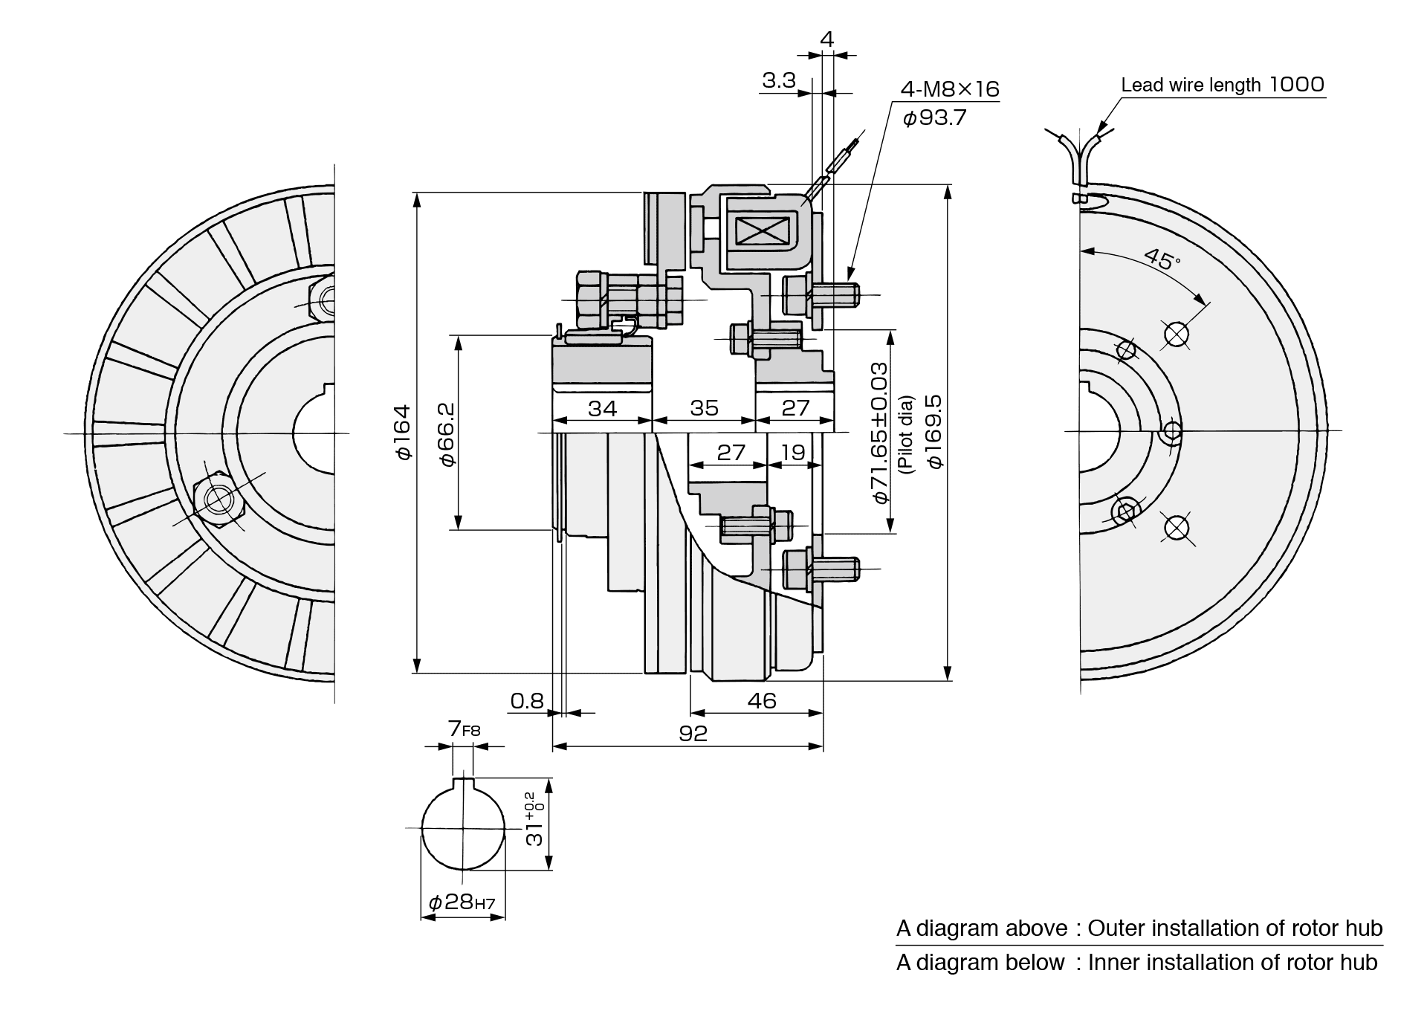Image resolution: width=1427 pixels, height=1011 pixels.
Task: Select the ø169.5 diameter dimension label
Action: point(934,431)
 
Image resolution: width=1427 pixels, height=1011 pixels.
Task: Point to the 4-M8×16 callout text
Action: point(950,90)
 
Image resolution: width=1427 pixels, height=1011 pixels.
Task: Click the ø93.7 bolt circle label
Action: point(934,117)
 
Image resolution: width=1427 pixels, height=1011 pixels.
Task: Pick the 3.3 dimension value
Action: point(778,80)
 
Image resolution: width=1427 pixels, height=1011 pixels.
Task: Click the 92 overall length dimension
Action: point(693,734)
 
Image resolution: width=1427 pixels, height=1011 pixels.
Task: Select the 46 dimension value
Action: point(762,700)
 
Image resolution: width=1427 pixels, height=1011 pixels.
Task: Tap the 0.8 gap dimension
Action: point(527,701)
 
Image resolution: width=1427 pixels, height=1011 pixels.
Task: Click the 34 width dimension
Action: point(602,408)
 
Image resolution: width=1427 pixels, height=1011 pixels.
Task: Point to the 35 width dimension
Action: point(704,408)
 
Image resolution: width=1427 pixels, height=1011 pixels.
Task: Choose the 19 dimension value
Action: point(793,452)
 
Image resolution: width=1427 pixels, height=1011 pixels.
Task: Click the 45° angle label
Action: point(1162,259)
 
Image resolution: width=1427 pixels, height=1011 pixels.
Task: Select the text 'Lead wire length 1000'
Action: point(1223,85)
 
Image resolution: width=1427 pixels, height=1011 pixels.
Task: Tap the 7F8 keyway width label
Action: point(465,729)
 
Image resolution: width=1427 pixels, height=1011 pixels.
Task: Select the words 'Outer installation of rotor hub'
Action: point(1235,928)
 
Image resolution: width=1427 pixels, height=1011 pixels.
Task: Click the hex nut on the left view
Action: point(219,499)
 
